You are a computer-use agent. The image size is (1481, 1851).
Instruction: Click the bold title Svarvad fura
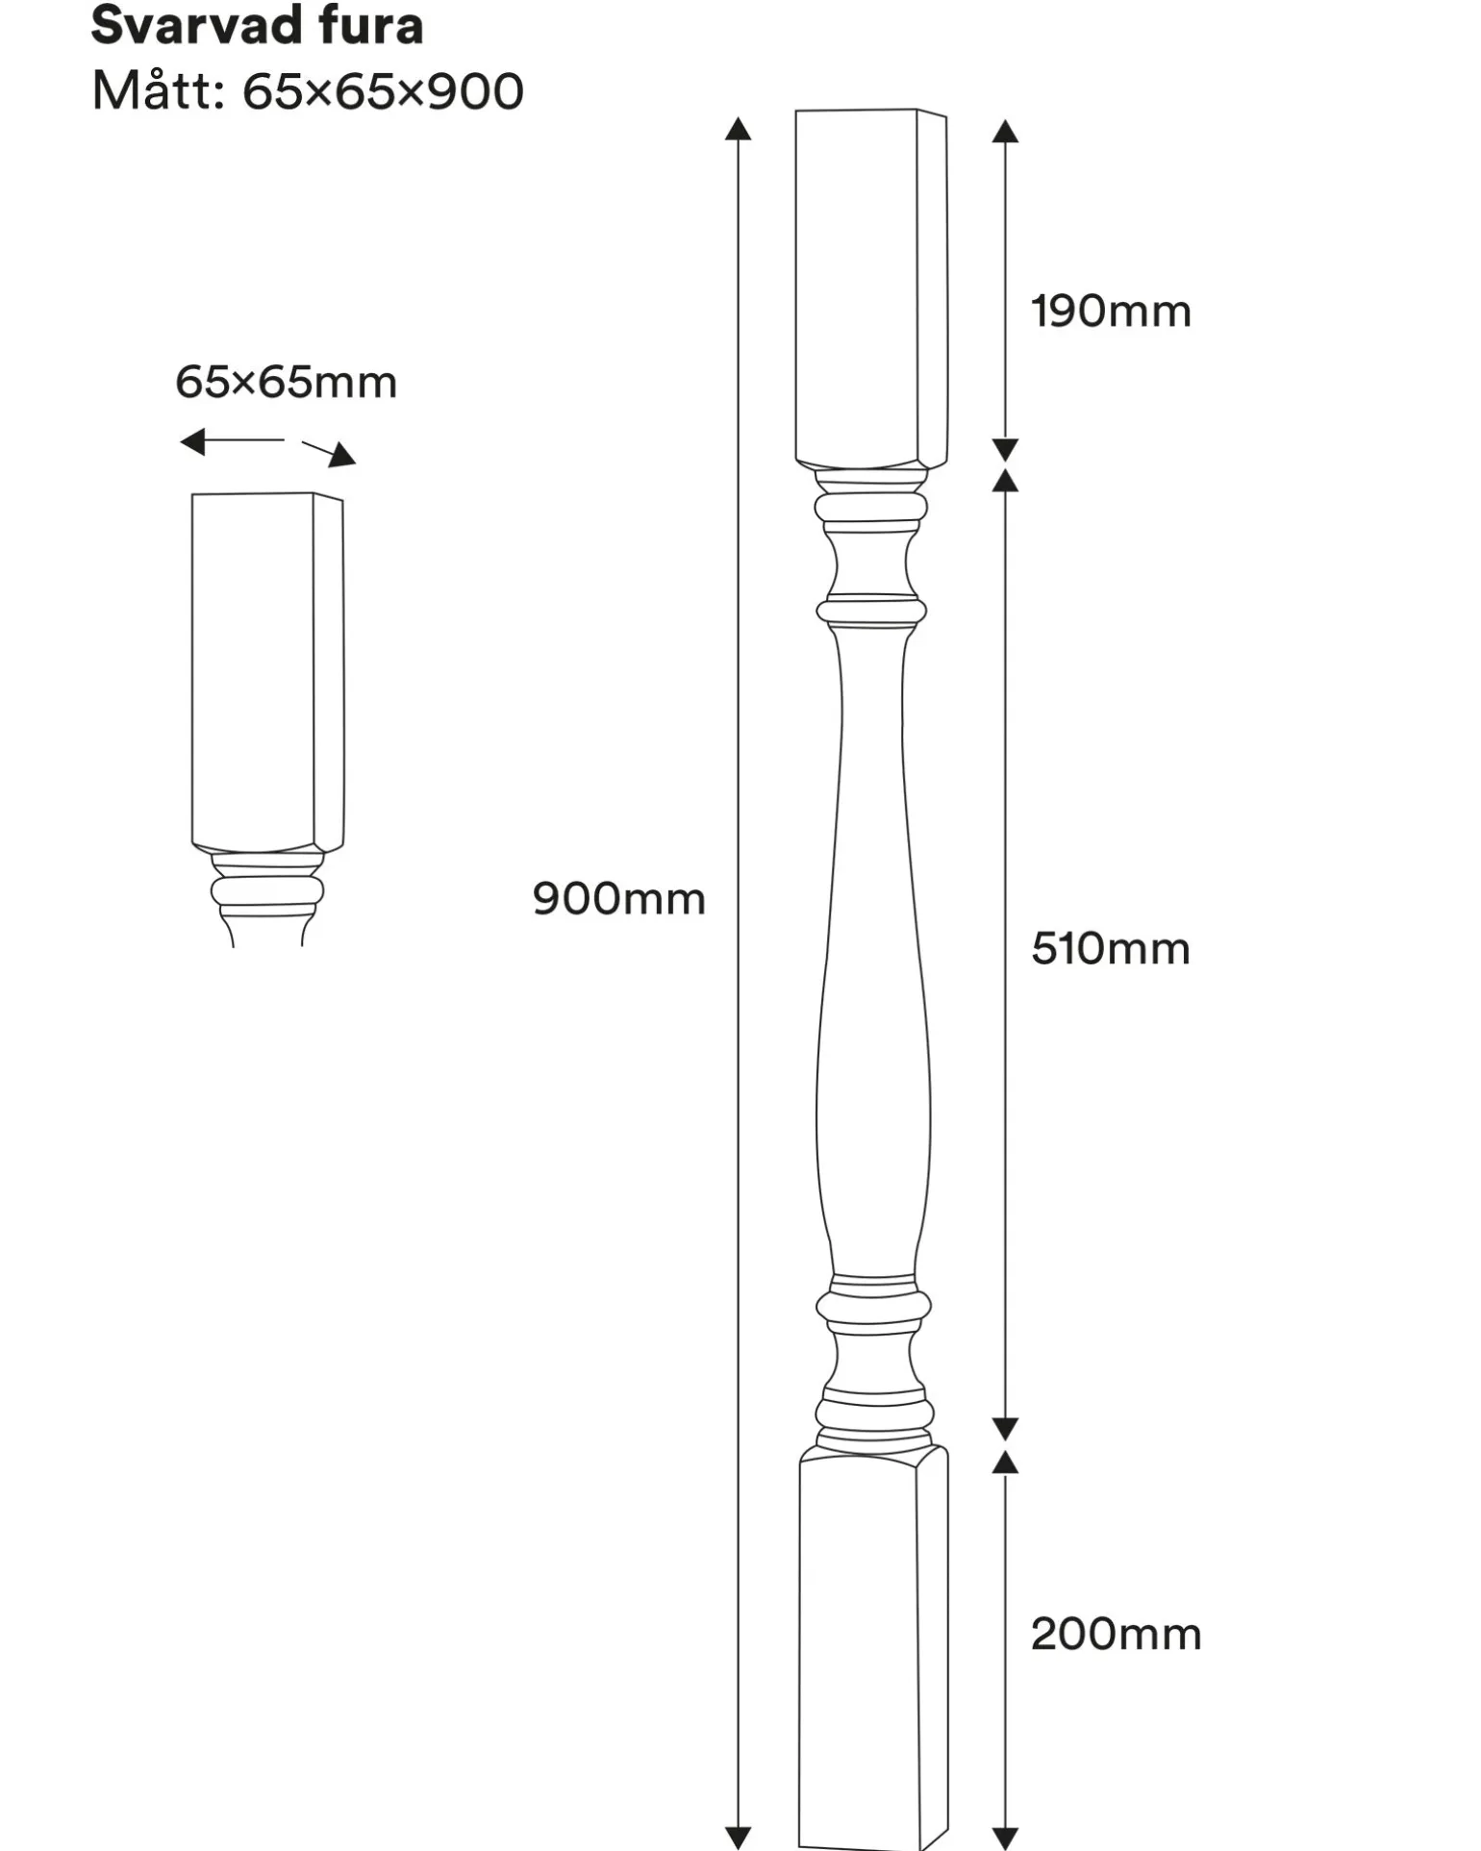257,26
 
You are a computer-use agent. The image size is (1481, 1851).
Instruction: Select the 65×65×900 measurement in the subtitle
383,92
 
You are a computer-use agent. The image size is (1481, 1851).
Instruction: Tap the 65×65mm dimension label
286,383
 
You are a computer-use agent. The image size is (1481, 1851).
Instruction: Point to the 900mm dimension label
619,899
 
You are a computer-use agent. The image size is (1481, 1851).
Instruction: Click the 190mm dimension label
1111,312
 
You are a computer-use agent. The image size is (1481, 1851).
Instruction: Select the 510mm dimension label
1111,949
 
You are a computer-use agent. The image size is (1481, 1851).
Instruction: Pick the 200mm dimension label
1116,1635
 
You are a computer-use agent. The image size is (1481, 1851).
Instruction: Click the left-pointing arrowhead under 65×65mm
192,441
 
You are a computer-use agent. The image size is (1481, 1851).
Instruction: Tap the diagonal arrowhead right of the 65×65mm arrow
341,455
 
